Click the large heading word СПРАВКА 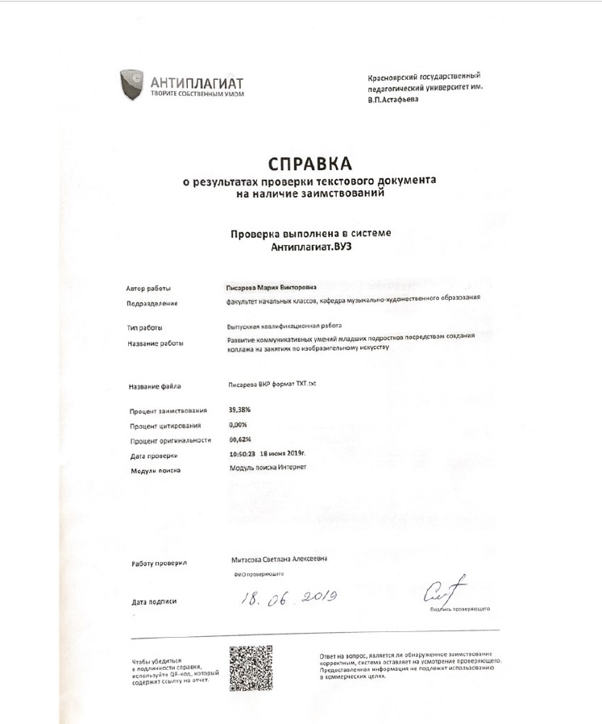310,164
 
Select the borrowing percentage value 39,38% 242,410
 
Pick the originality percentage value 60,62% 241,439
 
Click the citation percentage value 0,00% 239,424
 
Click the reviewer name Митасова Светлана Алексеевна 280,559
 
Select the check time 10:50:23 243,455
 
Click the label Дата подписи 153,601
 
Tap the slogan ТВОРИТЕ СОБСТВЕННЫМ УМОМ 197,94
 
